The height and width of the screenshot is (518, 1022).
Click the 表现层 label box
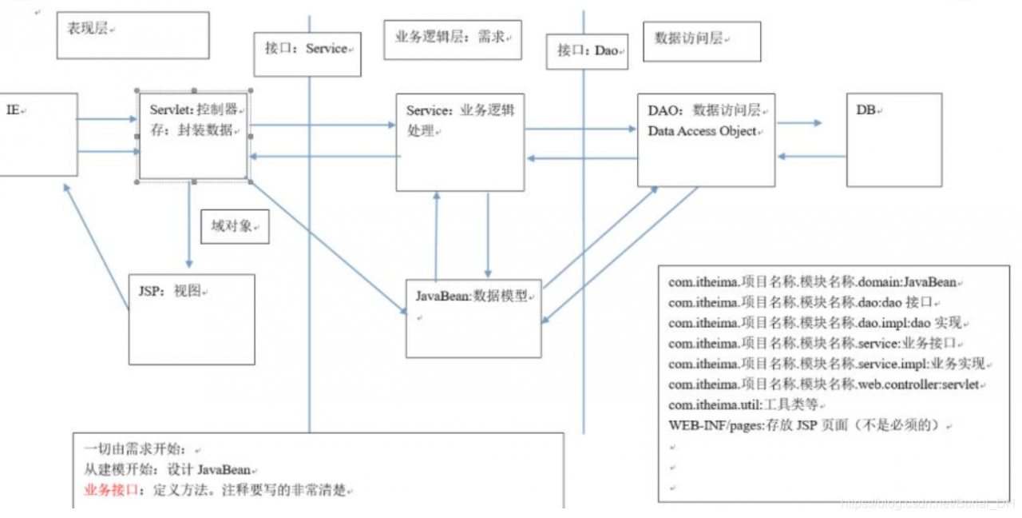coord(133,35)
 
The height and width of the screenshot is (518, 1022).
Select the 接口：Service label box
coord(307,54)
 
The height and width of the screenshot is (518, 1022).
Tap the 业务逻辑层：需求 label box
coord(452,40)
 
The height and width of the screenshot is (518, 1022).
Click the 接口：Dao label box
coord(587,50)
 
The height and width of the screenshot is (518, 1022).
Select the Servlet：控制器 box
coord(192,135)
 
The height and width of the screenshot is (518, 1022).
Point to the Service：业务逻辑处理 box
coord(460,142)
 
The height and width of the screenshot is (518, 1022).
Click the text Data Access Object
coord(702,131)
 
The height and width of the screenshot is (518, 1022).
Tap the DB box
coord(893,140)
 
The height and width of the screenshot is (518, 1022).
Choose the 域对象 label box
coord(235,226)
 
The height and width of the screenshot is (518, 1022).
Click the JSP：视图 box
coord(192,319)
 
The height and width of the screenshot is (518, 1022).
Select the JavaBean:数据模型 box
coord(473,318)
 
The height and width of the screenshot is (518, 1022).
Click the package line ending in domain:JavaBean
coord(812,283)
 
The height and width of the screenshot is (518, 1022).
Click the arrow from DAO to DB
coord(799,123)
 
